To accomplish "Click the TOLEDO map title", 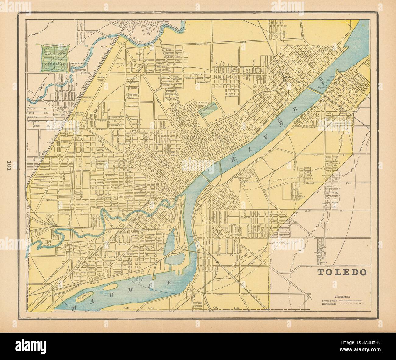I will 342,272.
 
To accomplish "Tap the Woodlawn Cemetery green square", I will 55,57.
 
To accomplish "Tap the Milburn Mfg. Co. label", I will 80,114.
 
